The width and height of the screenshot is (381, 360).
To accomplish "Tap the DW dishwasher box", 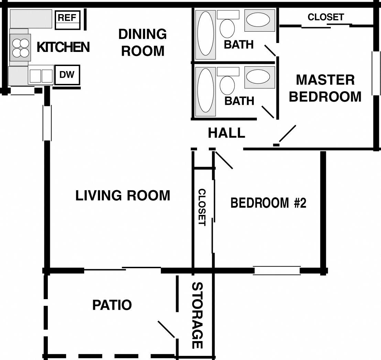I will pyautogui.click(x=67, y=75).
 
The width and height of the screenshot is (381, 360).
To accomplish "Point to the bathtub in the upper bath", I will pyautogui.click(x=206, y=34).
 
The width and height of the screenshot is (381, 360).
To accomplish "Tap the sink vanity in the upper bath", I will pyautogui.click(x=260, y=20).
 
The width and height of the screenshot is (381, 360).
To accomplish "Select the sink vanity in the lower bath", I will pyautogui.click(x=260, y=77).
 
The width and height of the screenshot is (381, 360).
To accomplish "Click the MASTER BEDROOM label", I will pyautogui.click(x=325, y=88).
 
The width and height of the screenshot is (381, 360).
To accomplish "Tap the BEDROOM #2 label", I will pyautogui.click(x=268, y=203).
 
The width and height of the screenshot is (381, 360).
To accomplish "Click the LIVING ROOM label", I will pyautogui.click(x=123, y=195).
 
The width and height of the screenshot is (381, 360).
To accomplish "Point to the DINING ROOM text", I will pyautogui.click(x=142, y=42).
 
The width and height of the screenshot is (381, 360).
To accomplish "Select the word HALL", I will pyautogui.click(x=227, y=133).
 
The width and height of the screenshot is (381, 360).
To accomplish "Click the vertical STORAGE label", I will pyautogui.click(x=197, y=315).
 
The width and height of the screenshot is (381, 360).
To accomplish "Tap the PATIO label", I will pyautogui.click(x=112, y=305).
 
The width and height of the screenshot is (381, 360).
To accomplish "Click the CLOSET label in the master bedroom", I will pyautogui.click(x=325, y=17).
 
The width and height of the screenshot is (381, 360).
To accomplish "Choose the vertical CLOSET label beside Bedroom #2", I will pyautogui.click(x=202, y=207).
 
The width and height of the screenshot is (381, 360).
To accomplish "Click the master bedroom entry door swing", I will pyautogui.click(x=287, y=134).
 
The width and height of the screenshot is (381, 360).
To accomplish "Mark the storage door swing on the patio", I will pyautogui.click(x=166, y=329).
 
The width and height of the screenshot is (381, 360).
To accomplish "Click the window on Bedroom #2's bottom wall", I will pyautogui.click(x=277, y=270).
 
